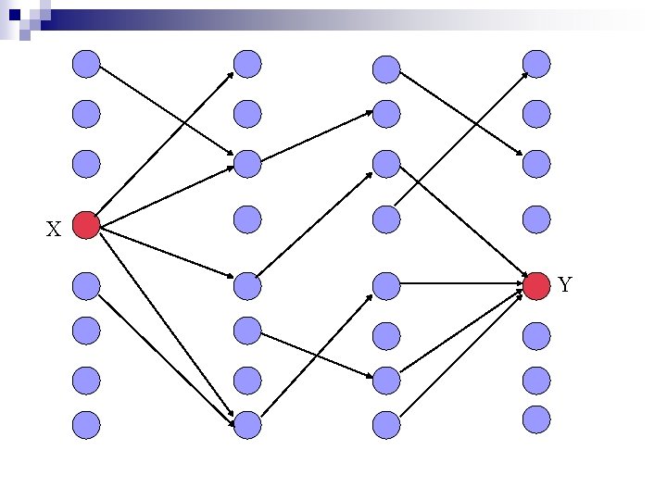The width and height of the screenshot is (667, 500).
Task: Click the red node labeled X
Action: pyautogui.click(x=86, y=225)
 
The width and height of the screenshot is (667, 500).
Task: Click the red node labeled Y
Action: pyautogui.click(x=536, y=286)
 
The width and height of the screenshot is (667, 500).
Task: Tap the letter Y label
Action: pyautogui.click(x=565, y=285)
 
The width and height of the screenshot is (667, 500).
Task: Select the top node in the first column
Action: pyautogui.click(x=86, y=64)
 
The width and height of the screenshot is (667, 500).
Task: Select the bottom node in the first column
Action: pyautogui.click(x=86, y=424)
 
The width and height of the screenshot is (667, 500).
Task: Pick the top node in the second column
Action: pyautogui.click(x=247, y=64)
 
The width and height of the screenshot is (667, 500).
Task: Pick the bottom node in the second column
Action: pyautogui.click(x=247, y=424)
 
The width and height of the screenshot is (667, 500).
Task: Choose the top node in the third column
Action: pyautogui.click(x=386, y=69)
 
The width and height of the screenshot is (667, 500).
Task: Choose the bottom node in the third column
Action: pyautogui.click(x=386, y=424)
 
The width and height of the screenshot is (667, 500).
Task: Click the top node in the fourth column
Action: pyautogui.click(x=536, y=64)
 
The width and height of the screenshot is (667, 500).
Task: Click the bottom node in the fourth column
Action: pyautogui.click(x=536, y=419)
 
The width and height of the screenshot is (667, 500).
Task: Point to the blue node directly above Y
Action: pyautogui.click(x=536, y=219)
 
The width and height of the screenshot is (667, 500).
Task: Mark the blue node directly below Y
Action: pyautogui.click(x=536, y=336)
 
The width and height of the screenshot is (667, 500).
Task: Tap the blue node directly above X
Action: pyautogui.click(x=86, y=164)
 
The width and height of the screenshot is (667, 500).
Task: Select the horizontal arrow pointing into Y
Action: pyautogui.click(x=463, y=286)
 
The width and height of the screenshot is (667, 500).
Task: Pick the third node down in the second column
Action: pyautogui.click(x=247, y=164)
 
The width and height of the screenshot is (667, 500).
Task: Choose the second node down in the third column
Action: pyautogui.click(x=386, y=114)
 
